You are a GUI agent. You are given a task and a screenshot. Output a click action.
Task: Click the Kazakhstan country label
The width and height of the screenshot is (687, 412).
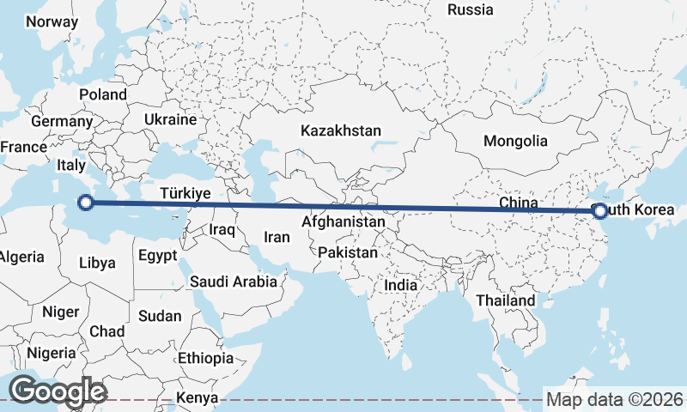pos(340,131)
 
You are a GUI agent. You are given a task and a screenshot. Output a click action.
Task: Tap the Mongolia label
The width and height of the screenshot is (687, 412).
pos(515,141)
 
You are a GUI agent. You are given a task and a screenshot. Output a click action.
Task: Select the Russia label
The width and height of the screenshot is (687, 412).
pos(471,10)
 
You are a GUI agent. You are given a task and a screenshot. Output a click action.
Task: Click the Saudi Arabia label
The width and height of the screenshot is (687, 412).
pos(234,281)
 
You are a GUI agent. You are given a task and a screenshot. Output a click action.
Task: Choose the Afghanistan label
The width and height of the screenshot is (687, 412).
pos(343,222)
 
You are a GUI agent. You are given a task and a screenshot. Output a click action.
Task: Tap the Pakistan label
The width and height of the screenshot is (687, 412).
pos(347,253)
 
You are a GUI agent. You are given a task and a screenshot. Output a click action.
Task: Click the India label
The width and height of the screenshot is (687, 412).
pos(401,285)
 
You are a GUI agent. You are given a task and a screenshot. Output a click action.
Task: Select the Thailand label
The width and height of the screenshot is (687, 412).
pos(506,300)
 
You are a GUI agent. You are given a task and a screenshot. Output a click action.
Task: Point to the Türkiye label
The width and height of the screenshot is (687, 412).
pos(185,194)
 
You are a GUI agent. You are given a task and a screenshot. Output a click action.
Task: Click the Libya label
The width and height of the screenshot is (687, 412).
pos(97,263)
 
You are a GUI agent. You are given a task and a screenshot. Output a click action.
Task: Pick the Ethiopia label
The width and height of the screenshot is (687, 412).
pos(205,358)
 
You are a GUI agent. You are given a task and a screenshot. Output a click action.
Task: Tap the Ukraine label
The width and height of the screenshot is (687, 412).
pos(170,119)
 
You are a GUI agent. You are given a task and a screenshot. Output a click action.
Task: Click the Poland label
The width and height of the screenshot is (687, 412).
pos(102,94)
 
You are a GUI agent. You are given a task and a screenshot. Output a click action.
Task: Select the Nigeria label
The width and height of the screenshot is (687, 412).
pos(51,353)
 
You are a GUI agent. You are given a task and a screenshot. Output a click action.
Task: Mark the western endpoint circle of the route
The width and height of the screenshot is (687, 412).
pos(85,203)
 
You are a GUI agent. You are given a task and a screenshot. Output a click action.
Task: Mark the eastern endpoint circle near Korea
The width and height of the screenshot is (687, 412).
pos(599,211)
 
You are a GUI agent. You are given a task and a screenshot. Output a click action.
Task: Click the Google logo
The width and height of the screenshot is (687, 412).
pos(58,391)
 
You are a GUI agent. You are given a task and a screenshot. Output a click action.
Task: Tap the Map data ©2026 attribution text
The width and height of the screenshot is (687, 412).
pos(615,399)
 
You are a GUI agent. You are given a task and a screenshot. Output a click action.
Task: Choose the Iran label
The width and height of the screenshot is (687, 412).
pos(277,238)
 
